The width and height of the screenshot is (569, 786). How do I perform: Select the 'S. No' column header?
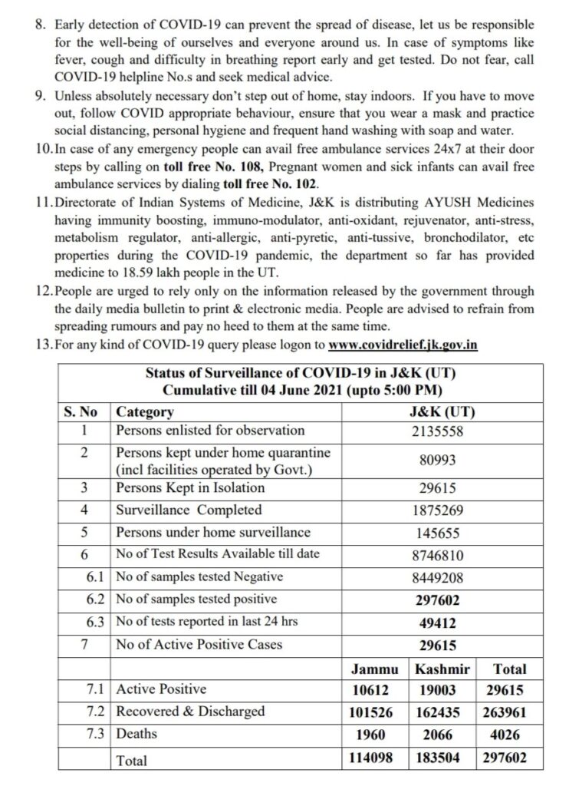(x=84, y=411)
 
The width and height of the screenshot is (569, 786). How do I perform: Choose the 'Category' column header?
(x=145, y=411)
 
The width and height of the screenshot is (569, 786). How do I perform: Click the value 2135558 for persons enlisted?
(x=438, y=431)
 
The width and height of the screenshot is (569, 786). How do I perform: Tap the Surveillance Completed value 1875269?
(x=438, y=510)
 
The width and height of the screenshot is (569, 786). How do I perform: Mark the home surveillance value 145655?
(x=438, y=532)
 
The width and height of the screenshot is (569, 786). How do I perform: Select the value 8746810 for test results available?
(x=438, y=554)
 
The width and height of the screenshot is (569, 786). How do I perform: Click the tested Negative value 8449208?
(x=438, y=576)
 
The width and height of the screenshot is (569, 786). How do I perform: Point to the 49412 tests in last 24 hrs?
(x=438, y=622)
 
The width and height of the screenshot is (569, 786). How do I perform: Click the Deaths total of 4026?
(x=509, y=735)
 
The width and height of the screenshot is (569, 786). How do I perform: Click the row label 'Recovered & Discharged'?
(x=190, y=712)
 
